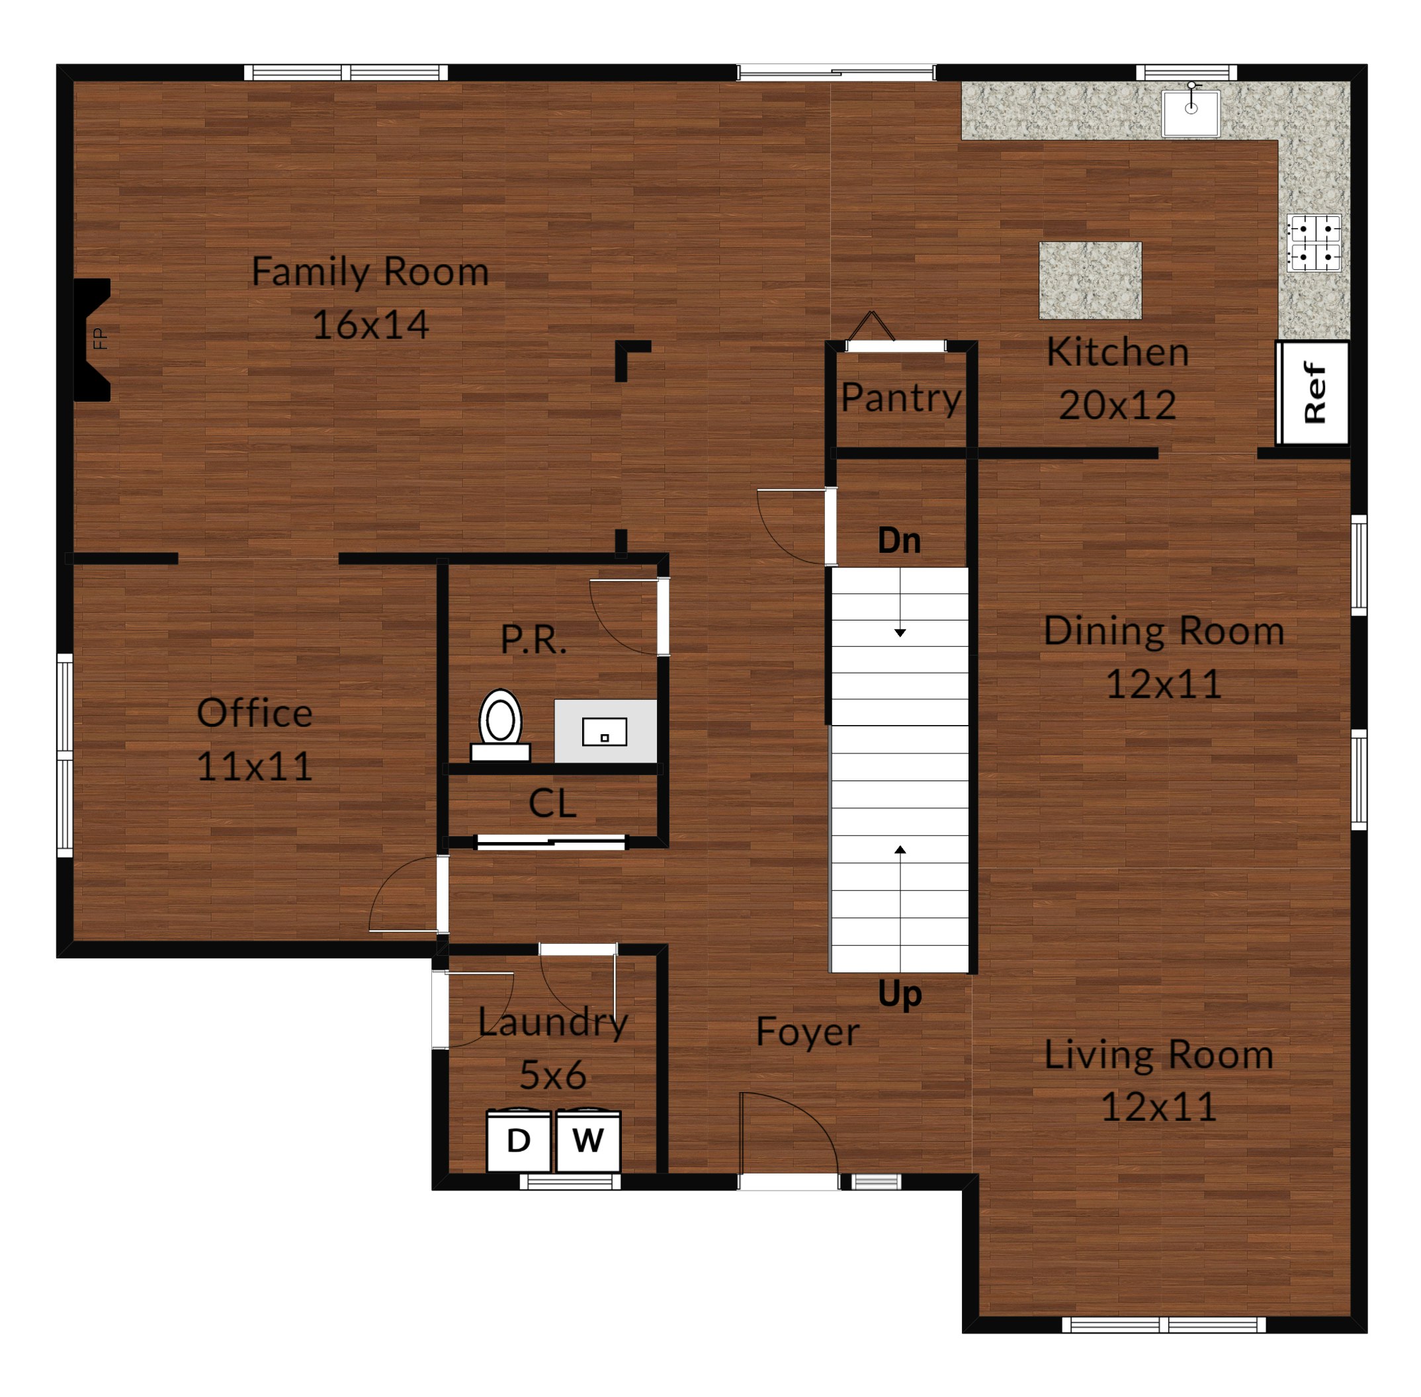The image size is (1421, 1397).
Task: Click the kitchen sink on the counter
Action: click(1191, 112)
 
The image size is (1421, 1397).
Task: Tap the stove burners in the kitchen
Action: click(1313, 243)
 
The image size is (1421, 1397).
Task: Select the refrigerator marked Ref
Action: click(1313, 392)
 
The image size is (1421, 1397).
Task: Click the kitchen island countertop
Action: click(1090, 280)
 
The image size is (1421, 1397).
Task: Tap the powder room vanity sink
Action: click(605, 732)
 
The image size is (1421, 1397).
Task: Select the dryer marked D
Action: click(518, 1140)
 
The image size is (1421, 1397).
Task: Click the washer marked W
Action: click(588, 1140)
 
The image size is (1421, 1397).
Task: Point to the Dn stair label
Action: click(899, 541)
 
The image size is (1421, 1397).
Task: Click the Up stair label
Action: click(900, 994)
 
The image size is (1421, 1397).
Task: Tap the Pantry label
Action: click(901, 398)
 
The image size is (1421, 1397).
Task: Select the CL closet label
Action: click(552, 804)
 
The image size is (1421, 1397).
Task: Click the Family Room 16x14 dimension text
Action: click(370, 324)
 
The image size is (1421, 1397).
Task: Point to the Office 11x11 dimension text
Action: click(254, 767)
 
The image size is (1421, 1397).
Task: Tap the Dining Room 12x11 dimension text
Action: click(1164, 684)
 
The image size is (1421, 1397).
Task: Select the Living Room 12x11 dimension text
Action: click(1159, 1107)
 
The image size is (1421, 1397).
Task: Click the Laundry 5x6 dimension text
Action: click(552, 1075)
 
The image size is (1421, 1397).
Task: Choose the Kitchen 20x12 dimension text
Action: click(1117, 405)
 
